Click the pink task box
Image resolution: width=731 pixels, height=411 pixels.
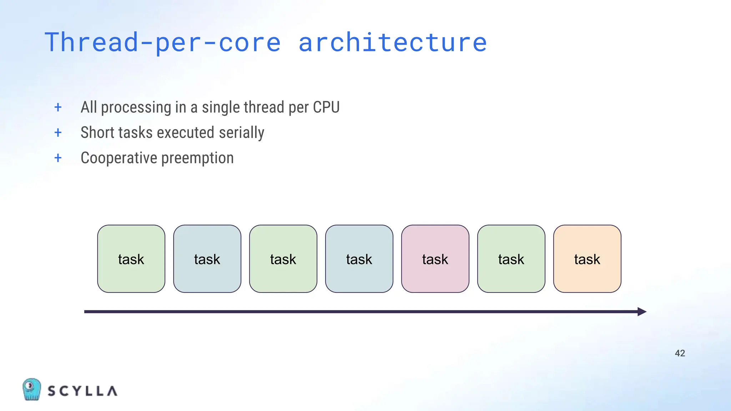(x=435, y=259)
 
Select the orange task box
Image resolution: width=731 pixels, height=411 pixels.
(x=587, y=259)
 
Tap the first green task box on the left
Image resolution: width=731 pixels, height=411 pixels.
(x=131, y=259)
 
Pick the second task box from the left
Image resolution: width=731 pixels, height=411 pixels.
(x=207, y=259)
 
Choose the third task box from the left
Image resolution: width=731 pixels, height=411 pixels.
(x=283, y=259)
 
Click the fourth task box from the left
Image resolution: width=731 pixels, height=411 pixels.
(x=359, y=259)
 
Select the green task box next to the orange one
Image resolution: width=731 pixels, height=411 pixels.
(x=511, y=259)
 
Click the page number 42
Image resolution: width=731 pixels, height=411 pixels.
(x=680, y=353)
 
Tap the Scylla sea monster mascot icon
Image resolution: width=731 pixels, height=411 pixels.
(x=31, y=389)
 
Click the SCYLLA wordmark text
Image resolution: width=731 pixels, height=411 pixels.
(x=82, y=391)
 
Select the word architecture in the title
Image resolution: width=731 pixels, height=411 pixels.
(x=393, y=42)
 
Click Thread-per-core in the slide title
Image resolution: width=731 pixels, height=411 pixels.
(x=163, y=42)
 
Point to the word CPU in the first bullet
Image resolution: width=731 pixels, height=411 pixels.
(x=326, y=107)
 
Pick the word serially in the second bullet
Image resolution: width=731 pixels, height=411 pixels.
(x=242, y=133)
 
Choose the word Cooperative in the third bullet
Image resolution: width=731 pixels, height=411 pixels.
(x=119, y=158)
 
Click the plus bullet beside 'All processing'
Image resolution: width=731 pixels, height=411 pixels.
(x=58, y=107)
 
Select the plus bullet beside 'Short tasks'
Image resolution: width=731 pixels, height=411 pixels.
(x=58, y=133)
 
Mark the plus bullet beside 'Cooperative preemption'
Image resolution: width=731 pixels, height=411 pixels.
(x=58, y=158)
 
